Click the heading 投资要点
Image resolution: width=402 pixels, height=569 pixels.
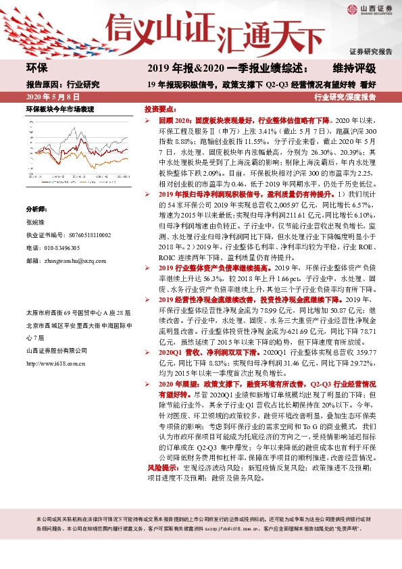click(x=161, y=108)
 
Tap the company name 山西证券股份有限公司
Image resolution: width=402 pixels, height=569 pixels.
click(x=56, y=350)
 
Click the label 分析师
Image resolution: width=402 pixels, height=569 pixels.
click(x=36, y=209)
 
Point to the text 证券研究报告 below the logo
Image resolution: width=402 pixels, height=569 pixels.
click(x=370, y=51)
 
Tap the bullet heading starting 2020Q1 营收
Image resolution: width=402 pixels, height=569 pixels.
click(x=196, y=352)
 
